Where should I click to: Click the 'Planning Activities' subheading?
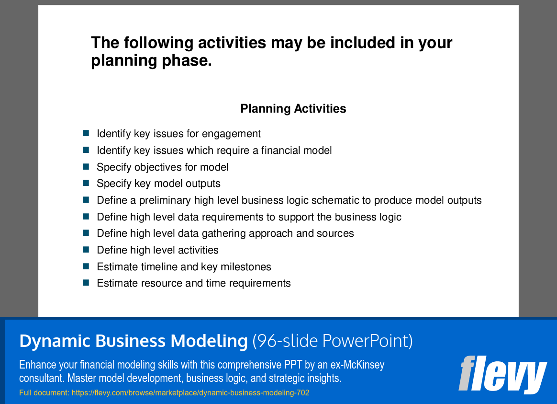[x=293, y=108]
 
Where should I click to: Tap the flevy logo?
[x=502, y=374]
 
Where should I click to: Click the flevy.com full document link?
[x=190, y=392]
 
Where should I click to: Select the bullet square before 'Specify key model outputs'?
[x=86, y=183]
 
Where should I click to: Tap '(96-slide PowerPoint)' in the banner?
[x=333, y=341]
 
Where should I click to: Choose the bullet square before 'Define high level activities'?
[x=86, y=250]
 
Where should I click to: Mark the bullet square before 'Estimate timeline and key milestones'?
[x=86, y=266]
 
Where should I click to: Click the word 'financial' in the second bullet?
[x=279, y=150]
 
